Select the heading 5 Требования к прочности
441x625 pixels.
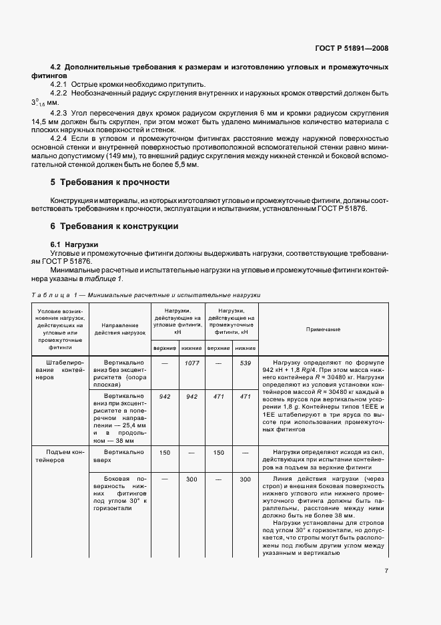coord(110,182)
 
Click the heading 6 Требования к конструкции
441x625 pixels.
coord(114,226)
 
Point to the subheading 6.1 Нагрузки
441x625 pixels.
coord(75,244)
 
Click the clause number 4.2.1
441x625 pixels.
coord(61,85)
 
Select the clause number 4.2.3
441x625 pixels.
coord(61,115)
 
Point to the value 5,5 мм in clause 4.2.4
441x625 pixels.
coord(185,162)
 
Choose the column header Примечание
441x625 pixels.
coord(323,330)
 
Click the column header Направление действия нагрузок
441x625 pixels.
coord(120,327)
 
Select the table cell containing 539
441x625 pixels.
coord(245,363)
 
